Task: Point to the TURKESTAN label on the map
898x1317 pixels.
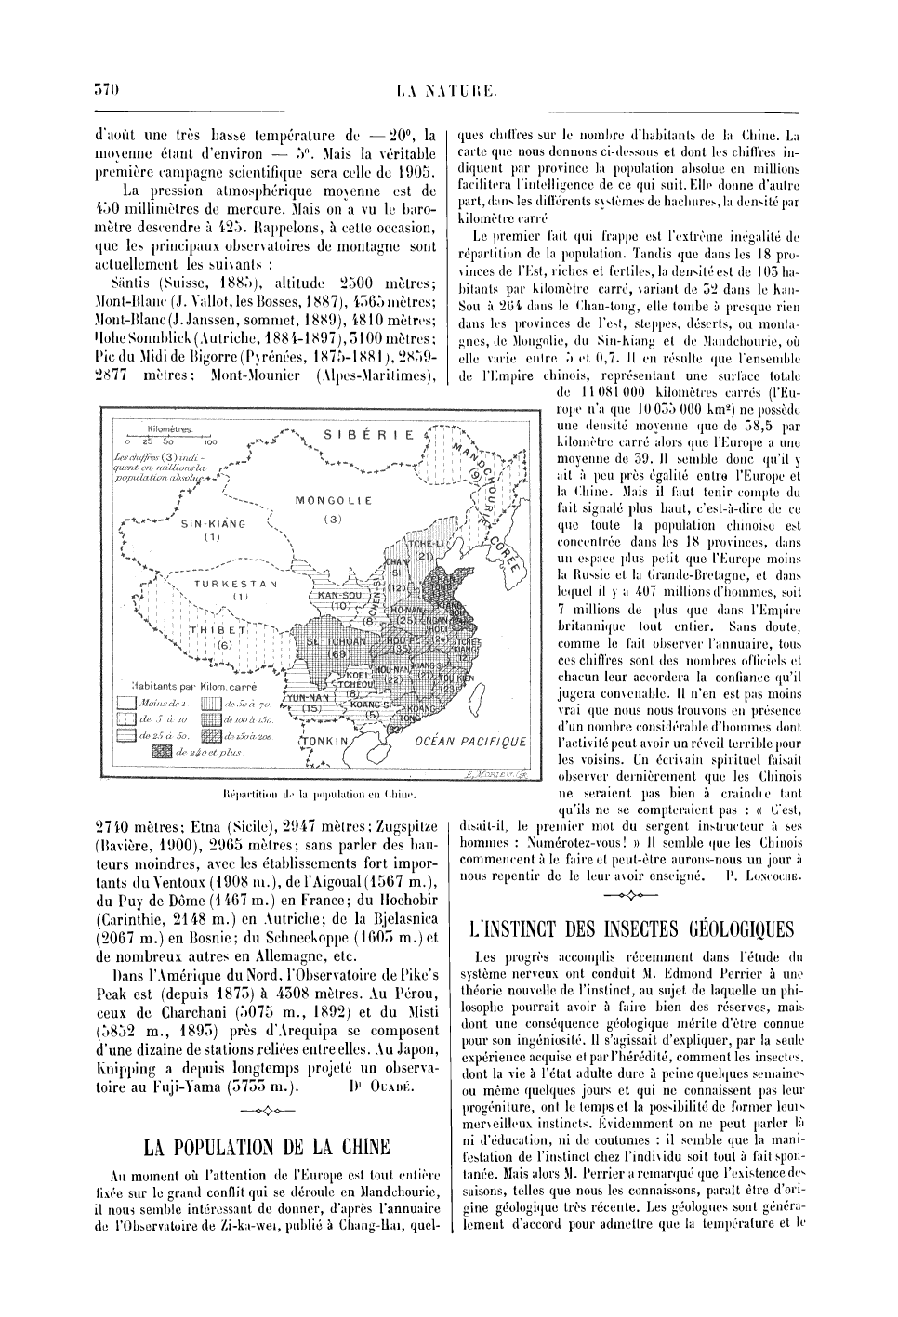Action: point(236,584)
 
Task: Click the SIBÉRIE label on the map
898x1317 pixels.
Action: point(370,433)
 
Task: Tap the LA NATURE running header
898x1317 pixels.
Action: point(449,90)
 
